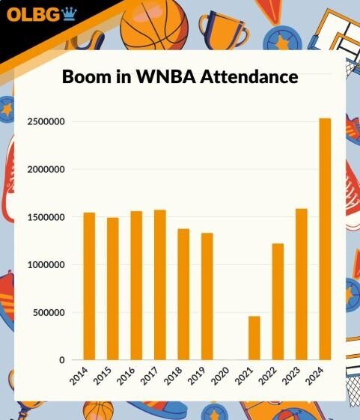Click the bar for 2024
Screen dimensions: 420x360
pyautogui.click(x=325, y=239)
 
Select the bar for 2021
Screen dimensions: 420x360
pyautogui.click(x=254, y=338)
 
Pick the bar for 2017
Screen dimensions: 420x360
pyautogui.click(x=160, y=284)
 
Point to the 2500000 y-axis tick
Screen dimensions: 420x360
pyautogui.click(x=44, y=121)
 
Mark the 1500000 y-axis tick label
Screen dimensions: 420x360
pyautogui.click(x=44, y=217)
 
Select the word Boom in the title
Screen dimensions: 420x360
pyautogui.click(x=85, y=77)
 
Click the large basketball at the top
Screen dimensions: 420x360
pyautogui.click(x=154, y=24)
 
